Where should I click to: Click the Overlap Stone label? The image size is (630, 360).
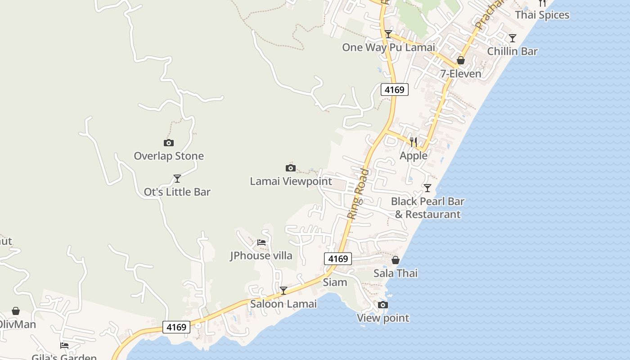169,156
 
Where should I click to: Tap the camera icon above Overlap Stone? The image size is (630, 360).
169,143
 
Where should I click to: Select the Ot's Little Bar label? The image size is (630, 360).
177,192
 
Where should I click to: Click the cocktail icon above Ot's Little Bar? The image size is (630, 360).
177,179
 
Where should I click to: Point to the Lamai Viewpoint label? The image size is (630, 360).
291,181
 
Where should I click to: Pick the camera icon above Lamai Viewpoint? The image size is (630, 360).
291,168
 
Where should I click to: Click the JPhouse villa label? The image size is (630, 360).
261,256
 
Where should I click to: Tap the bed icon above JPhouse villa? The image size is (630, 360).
261,243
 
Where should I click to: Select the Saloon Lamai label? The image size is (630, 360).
283,304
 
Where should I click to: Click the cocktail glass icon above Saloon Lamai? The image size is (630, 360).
283,291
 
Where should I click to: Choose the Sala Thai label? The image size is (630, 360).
396,273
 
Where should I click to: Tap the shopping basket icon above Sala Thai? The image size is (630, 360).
396,260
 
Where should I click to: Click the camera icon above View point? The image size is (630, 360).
383,305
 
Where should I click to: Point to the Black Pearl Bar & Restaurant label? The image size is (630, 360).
427,208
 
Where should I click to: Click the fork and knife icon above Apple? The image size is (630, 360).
414,142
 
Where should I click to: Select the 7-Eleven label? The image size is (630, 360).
461,73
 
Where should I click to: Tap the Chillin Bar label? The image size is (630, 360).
512,51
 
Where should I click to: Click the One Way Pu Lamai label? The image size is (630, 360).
388,47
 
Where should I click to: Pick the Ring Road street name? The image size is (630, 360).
358,194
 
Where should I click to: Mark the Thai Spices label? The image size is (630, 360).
542,15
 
